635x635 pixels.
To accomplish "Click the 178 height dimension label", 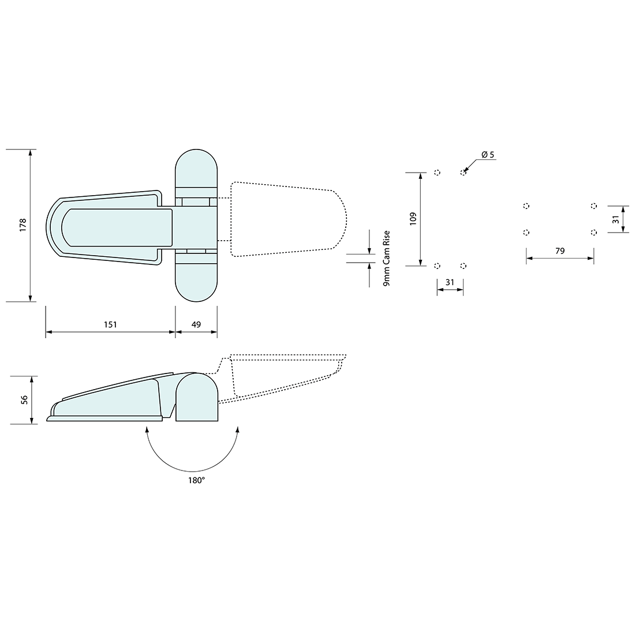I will (x=23, y=225).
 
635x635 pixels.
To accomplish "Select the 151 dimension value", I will (x=110, y=324).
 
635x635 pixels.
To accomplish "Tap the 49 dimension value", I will (x=196, y=324).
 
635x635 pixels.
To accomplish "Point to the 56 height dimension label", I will (x=24, y=399).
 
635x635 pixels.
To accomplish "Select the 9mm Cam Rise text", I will (x=387, y=258).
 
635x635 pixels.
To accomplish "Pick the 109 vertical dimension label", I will (x=413, y=219).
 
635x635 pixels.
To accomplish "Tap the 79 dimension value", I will (x=559, y=251).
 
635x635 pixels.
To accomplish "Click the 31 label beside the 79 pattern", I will (x=616, y=219).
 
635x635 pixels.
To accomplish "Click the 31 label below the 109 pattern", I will (x=450, y=282).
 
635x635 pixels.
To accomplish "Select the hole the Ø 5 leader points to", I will (x=463, y=172).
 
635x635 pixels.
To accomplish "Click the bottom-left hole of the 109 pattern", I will (x=437, y=266).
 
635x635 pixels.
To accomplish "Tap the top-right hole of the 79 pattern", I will (x=593, y=206).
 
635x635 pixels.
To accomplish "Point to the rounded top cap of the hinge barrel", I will (x=196, y=167).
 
